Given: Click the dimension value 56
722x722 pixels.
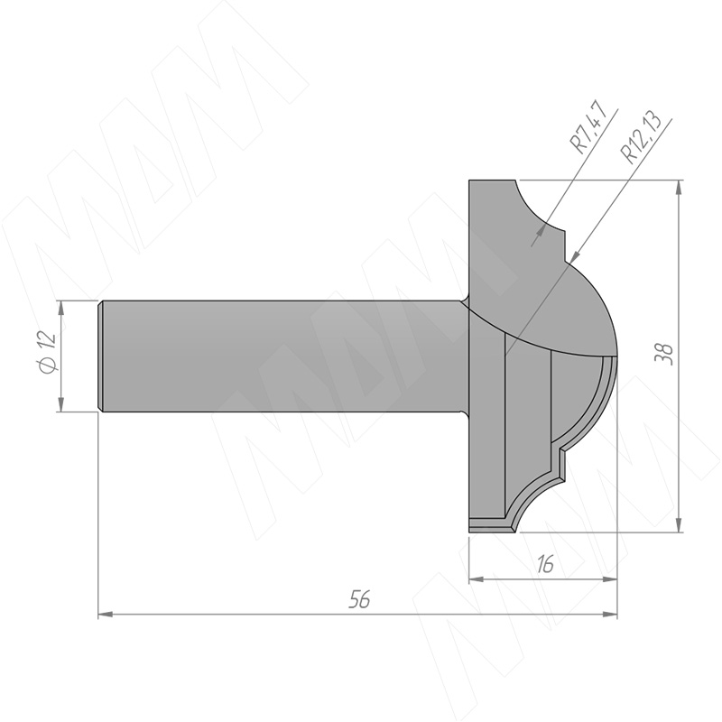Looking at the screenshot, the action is click(x=359, y=599).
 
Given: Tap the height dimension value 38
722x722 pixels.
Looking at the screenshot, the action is click(x=664, y=355).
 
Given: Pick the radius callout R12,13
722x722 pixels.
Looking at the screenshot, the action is click(x=641, y=137).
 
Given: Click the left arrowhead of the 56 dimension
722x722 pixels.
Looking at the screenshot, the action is click(x=106, y=614).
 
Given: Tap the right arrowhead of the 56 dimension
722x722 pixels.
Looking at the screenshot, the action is click(x=610, y=614).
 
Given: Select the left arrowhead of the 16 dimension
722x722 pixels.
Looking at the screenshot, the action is click(x=477, y=579).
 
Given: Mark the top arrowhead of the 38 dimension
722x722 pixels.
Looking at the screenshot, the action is click(x=679, y=187).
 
